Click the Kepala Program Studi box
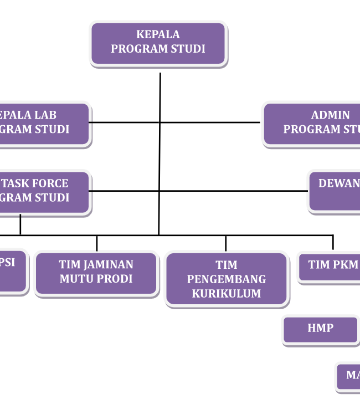pyautogui.click(x=158, y=43)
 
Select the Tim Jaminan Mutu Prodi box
pyautogui.click(x=96, y=273)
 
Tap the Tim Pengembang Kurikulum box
pyautogui.click(x=227, y=279)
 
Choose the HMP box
pyautogui.click(x=321, y=329)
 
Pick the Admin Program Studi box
pyautogui.click(x=313, y=124)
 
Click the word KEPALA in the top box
pyautogui.click(x=158, y=34)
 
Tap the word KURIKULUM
pyautogui.click(x=227, y=294)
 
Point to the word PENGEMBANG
pyautogui.click(x=227, y=279)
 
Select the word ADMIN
pyautogui.click(x=331, y=115)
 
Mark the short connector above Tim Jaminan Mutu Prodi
pyautogui.click(x=97, y=243)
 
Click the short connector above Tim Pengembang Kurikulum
pyautogui.click(x=226, y=243)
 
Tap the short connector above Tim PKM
pyautogui.click(x=333, y=243)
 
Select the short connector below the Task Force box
pyautogui.click(x=20, y=224)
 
